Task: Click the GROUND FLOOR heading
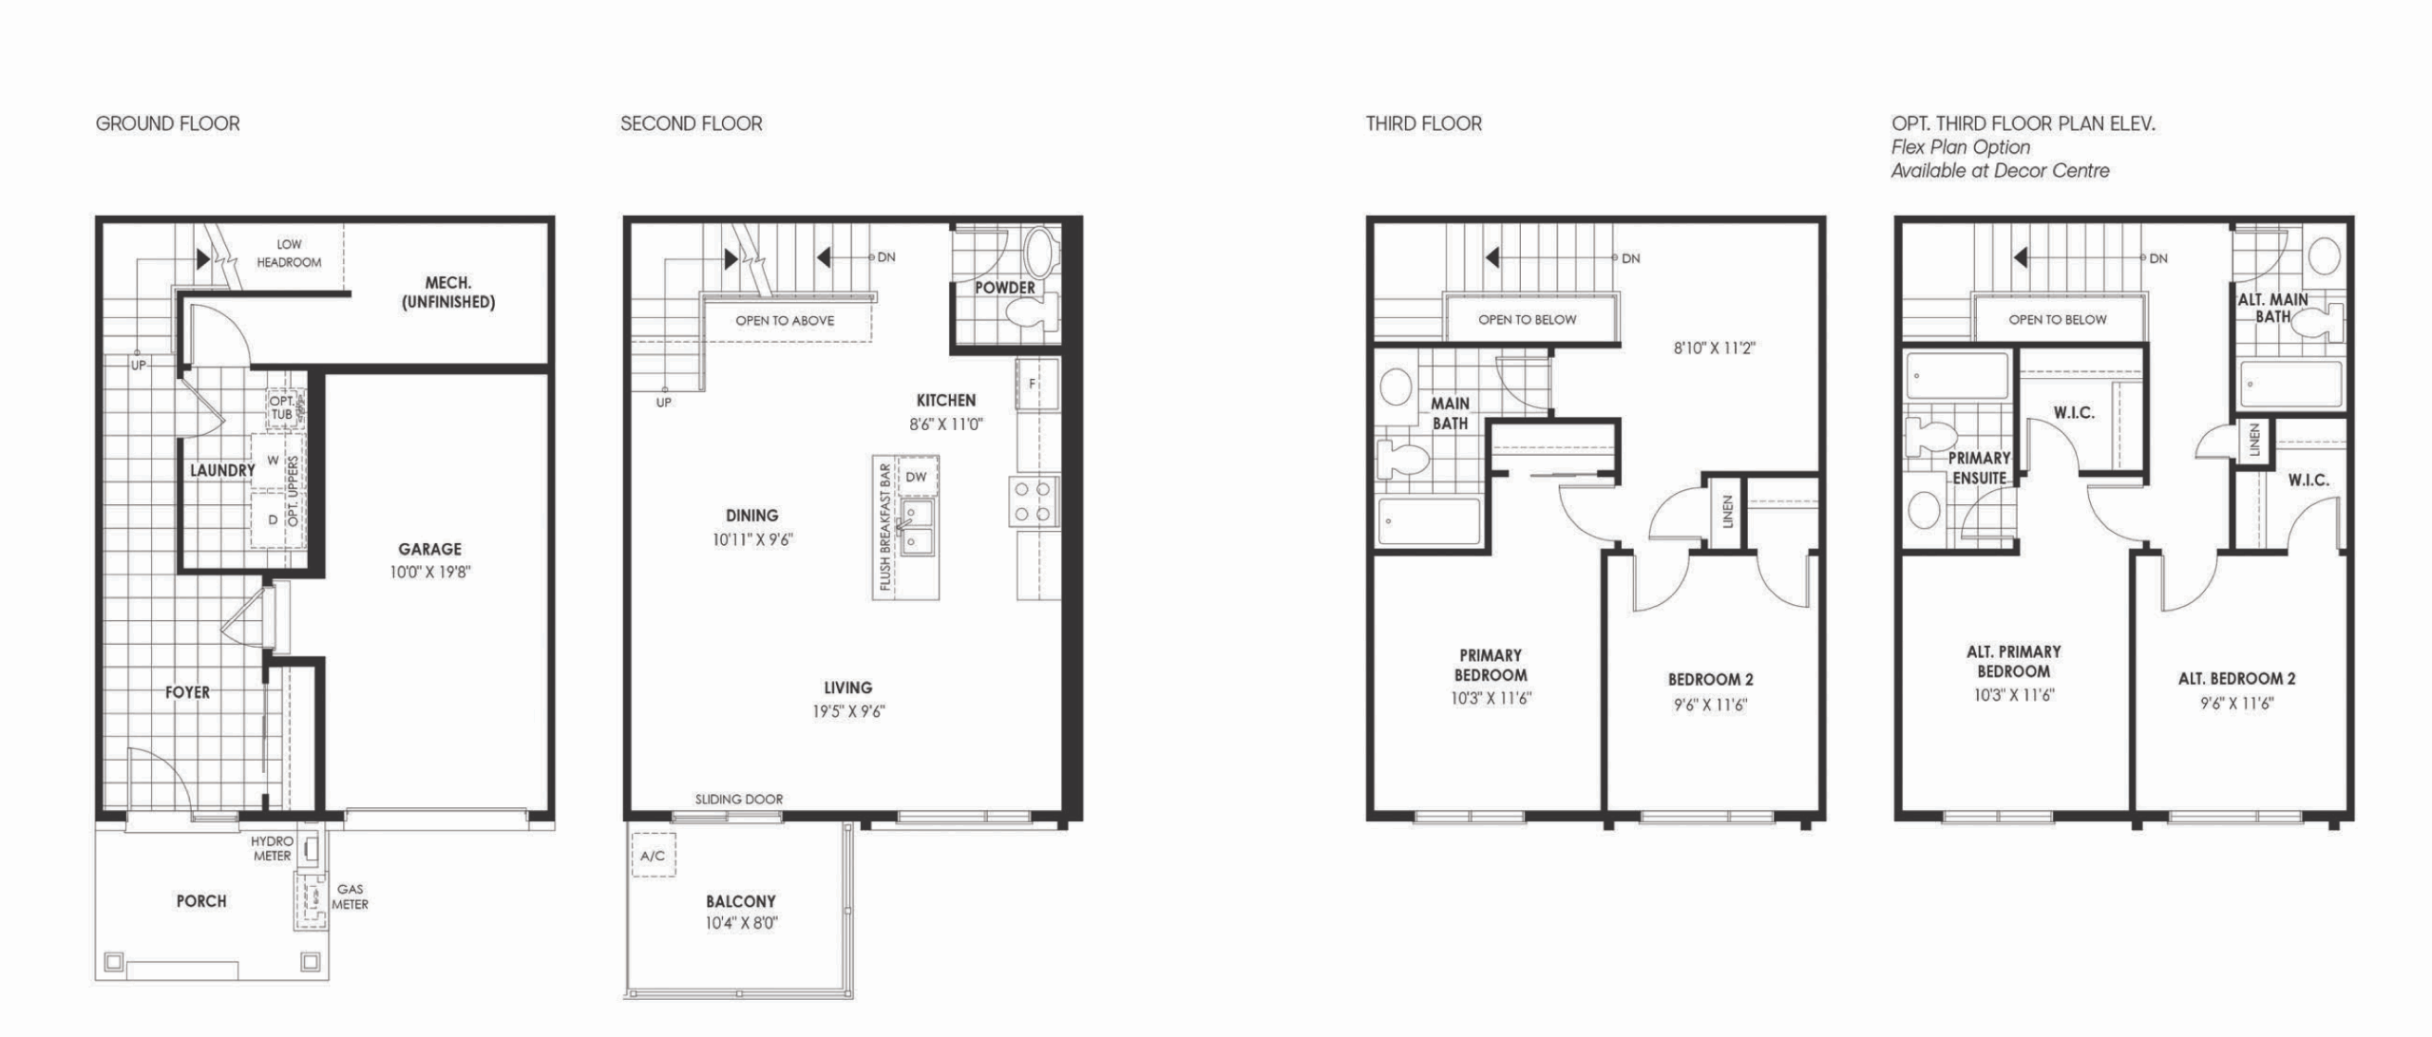(167, 123)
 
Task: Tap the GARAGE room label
(429, 549)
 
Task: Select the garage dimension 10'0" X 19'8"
(430, 572)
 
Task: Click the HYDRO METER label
(273, 848)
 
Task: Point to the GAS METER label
(350, 897)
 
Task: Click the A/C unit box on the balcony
(654, 856)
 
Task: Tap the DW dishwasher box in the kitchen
(916, 477)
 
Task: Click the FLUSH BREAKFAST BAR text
(885, 527)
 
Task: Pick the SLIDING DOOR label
(739, 800)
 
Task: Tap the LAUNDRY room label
(222, 470)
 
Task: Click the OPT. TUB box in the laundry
(283, 408)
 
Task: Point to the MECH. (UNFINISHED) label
(447, 292)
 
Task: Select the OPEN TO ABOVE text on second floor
(785, 321)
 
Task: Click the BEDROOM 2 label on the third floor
(1711, 680)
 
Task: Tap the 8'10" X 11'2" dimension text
(1715, 349)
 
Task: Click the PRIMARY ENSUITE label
(1979, 468)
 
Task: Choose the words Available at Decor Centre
(2000, 171)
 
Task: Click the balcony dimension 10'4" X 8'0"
(741, 923)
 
